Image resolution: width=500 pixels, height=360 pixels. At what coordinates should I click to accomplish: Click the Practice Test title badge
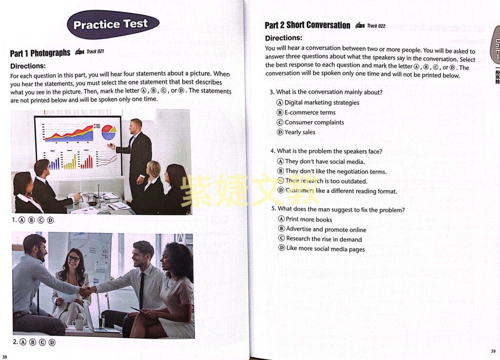point(113,24)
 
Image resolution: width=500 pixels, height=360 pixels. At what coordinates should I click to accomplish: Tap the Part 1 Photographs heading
point(40,53)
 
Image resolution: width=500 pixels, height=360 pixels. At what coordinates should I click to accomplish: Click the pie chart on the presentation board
point(109,132)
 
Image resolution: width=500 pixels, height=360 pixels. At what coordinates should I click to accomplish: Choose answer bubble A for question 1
point(21,220)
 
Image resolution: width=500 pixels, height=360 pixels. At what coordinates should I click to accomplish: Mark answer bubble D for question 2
point(52,342)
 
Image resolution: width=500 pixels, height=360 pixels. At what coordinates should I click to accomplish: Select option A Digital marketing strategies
point(318,103)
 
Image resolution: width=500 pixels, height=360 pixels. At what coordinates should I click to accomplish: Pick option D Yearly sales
point(296,132)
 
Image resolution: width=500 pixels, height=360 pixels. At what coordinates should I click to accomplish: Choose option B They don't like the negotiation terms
point(332,171)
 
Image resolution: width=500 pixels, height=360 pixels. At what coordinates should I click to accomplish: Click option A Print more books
point(305,219)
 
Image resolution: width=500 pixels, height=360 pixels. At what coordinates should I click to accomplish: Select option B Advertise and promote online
point(322,229)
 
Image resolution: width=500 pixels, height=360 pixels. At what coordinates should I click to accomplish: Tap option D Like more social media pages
point(322,249)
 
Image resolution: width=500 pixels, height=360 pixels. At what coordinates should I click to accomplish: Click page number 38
point(4,357)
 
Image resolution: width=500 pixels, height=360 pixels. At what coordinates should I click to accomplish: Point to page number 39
point(493,351)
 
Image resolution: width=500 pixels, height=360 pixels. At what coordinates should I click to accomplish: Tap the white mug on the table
point(78,324)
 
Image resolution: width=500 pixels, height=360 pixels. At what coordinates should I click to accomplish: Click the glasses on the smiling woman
point(74,258)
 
